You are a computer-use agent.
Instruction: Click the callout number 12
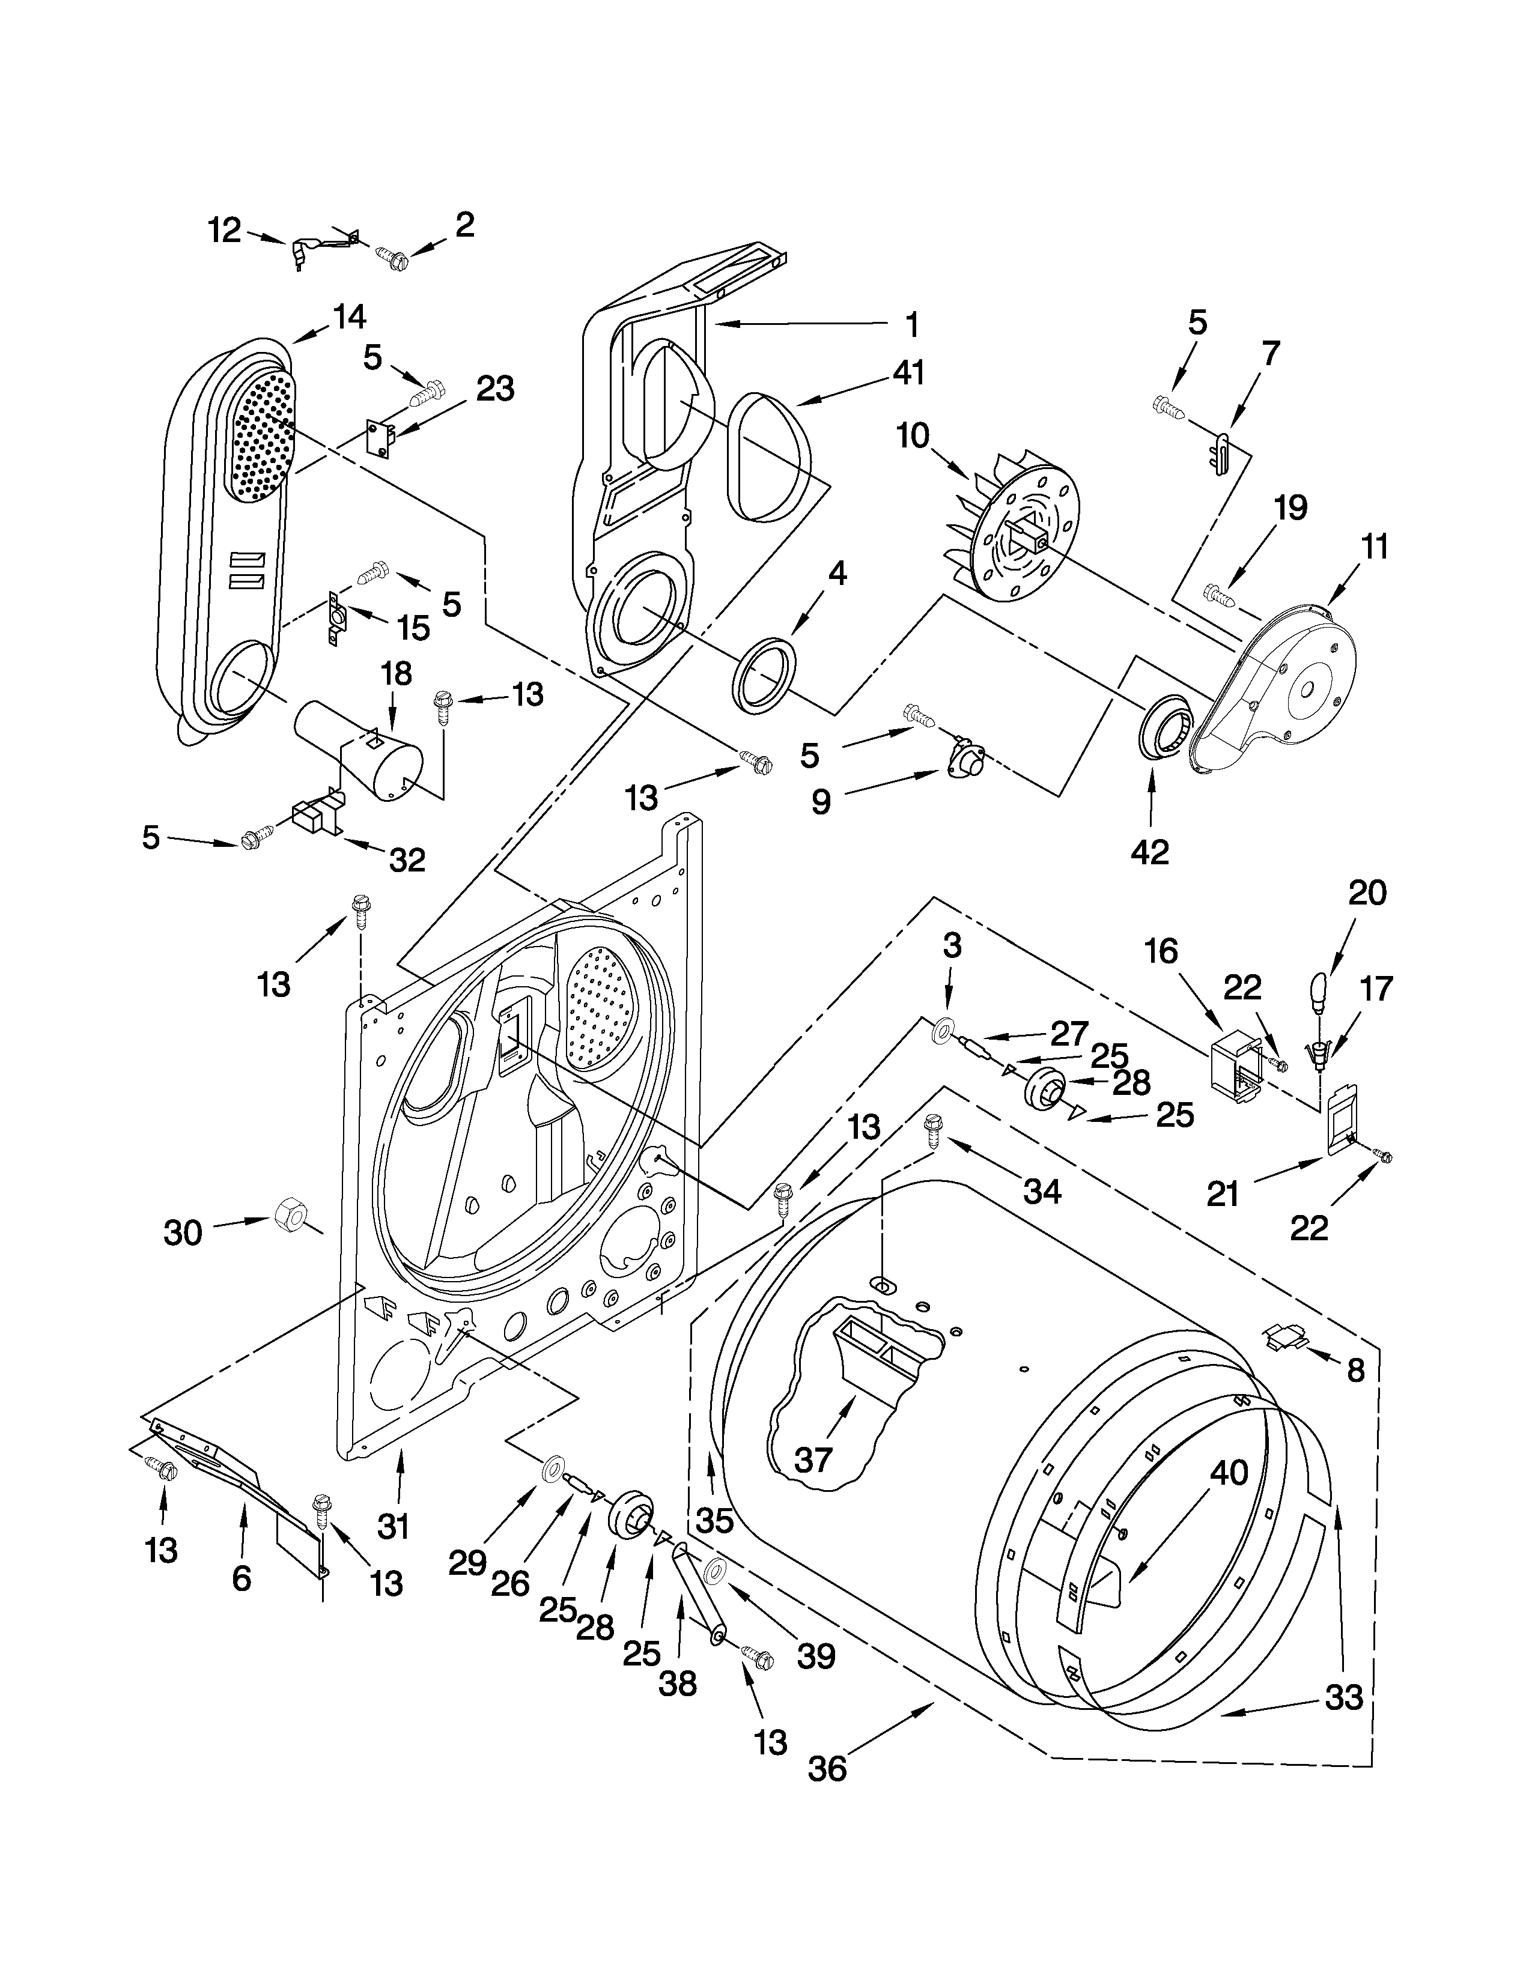point(223,231)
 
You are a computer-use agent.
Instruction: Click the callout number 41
point(908,372)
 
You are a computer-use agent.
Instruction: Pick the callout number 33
point(1343,1697)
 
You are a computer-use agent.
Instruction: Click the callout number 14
point(348,317)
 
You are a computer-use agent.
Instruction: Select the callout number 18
point(397,673)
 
